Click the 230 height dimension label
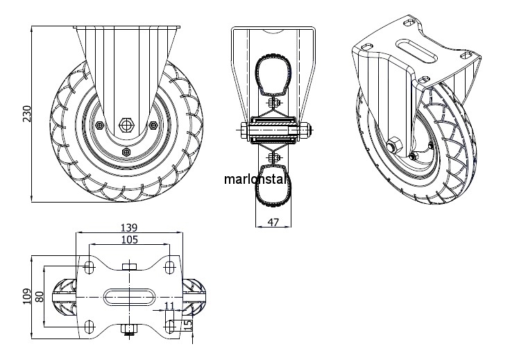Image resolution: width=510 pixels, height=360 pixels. coord(27,114)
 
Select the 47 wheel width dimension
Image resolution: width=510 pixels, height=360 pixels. coord(273,222)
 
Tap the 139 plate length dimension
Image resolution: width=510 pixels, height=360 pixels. coord(129,228)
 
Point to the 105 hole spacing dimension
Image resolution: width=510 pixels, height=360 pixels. coord(130,240)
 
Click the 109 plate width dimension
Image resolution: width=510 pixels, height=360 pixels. coord(27,296)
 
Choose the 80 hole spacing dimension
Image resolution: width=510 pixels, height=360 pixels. coord(40,297)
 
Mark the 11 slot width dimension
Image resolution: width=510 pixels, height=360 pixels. coord(170,306)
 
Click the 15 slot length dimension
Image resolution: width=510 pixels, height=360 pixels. coord(188,325)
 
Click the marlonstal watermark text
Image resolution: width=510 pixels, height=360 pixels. coord(255,179)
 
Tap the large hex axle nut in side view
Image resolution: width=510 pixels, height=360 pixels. coord(126,125)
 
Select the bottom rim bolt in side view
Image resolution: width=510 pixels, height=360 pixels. coord(126,151)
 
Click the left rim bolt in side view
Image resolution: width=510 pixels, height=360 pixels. coord(100,125)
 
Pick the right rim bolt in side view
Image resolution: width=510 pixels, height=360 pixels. coord(153,125)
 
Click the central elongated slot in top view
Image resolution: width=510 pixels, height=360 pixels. coord(130,297)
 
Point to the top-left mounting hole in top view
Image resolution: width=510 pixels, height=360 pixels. coord(89,267)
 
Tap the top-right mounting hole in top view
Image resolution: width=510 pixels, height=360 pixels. coord(169,267)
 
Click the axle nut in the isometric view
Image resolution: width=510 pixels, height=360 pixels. coord(394,144)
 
